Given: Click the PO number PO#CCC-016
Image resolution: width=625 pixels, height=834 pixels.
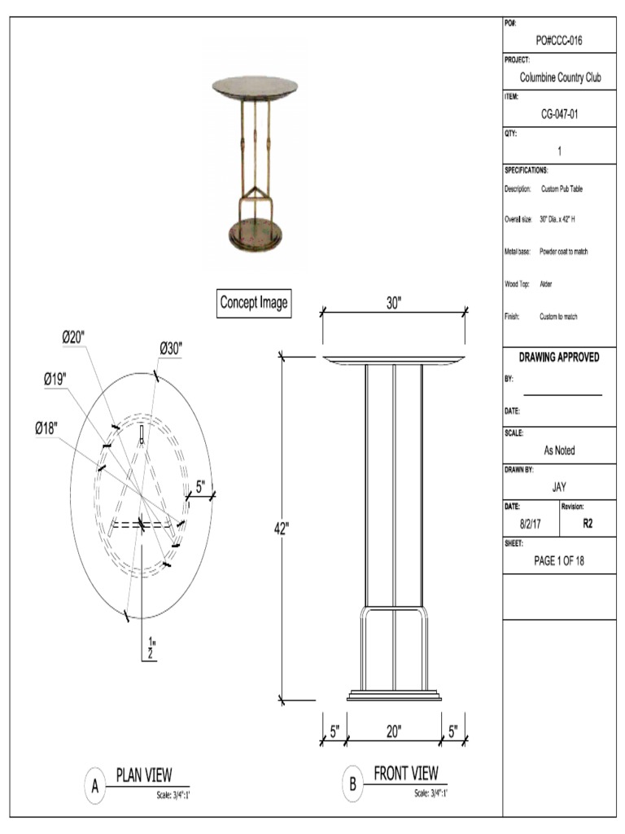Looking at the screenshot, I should pos(558,41).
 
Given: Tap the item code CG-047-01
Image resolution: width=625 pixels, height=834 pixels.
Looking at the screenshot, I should pos(558,115).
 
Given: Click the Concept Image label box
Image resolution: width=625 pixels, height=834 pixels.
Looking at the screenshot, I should pos(254,303).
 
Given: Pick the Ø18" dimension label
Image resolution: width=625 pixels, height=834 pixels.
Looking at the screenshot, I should pos(46,428).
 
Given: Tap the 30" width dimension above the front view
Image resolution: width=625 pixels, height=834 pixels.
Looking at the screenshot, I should pos(394,303).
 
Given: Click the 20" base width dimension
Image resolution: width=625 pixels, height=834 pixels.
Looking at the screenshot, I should pos(394,731).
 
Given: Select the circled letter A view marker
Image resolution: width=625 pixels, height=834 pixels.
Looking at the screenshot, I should pos(95,788).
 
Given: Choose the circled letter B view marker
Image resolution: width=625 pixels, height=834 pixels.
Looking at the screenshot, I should pos(352,785).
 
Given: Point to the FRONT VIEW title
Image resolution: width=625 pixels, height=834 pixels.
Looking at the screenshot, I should pos(405,772).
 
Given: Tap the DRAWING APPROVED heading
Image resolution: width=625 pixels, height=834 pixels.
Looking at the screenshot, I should pos(558,358).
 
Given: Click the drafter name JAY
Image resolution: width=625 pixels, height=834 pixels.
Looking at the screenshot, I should pos(558,487).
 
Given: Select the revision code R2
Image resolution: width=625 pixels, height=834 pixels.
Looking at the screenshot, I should pos(588,525).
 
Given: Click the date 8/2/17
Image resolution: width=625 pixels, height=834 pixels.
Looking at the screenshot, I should pos(531,525).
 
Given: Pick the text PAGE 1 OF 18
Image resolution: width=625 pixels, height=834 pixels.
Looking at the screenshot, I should pos(558,560).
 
